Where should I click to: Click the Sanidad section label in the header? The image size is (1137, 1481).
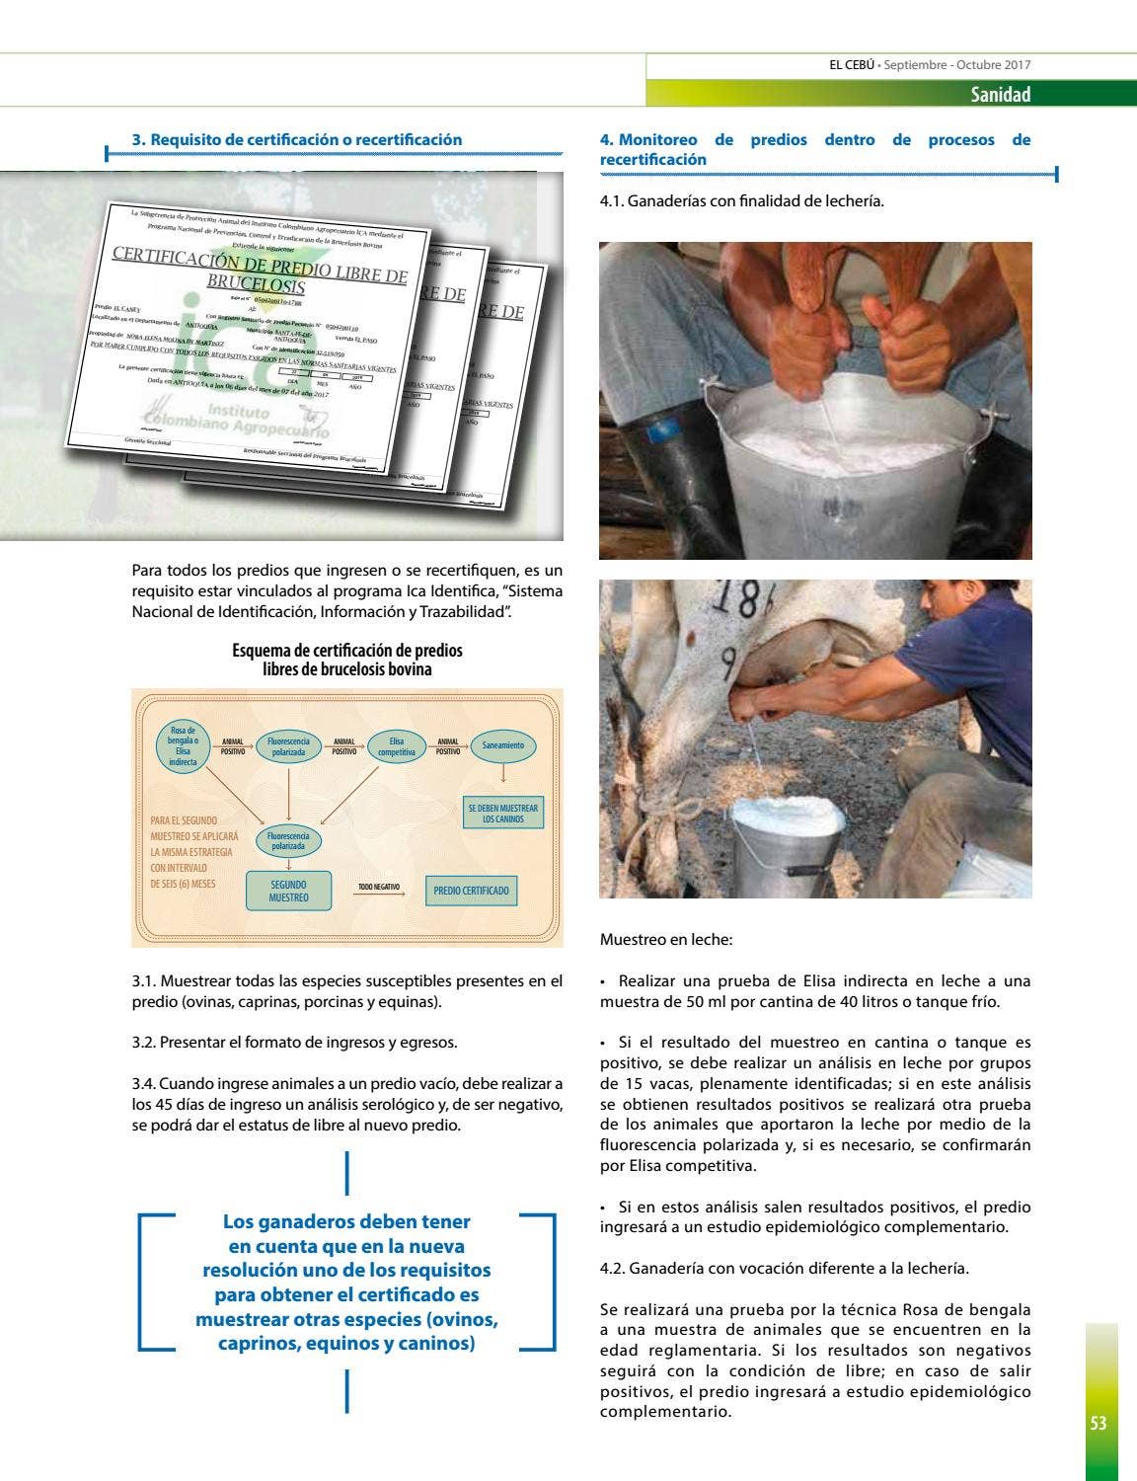coord(999,95)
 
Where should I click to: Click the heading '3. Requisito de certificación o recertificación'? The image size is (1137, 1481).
coord(297,140)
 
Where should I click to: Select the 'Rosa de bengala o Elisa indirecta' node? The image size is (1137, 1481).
coord(183,746)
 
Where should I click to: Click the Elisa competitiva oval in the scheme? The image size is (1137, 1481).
coord(396,746)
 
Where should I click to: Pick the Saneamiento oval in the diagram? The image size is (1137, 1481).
coord(503,745)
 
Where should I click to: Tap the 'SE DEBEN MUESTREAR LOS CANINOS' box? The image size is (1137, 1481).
coord(503,814)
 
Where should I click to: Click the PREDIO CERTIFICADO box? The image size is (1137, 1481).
coord(471,891)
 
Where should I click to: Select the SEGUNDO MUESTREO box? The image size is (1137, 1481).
coord(288,891)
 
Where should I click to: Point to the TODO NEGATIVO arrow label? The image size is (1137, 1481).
coord(378,888)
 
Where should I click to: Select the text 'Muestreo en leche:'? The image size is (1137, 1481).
coord(666,940)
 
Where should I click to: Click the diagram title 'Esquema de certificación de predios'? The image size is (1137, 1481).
coord(346,651)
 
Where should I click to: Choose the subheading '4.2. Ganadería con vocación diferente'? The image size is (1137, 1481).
coord(784,1268)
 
